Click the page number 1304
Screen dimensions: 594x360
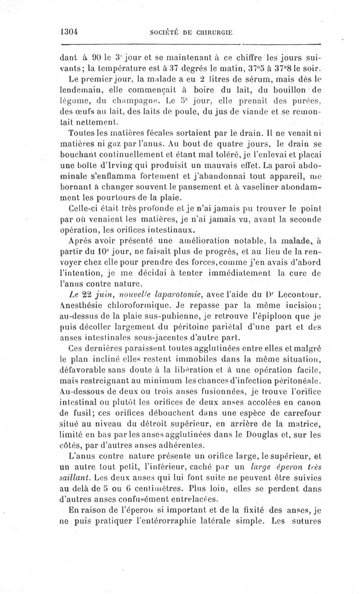(70, 32)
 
